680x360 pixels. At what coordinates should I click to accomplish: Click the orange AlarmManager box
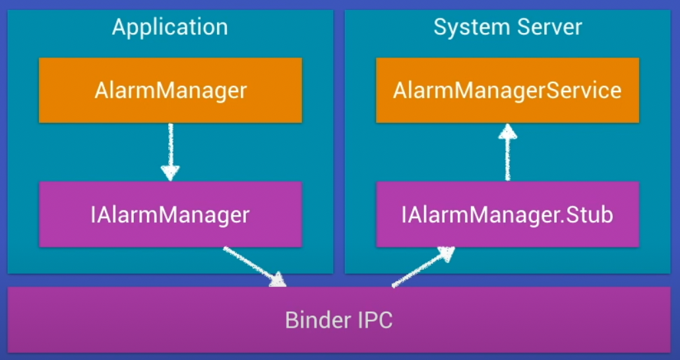170,90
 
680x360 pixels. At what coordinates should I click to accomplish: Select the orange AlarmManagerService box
507,90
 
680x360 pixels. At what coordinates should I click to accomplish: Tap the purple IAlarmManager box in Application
170,214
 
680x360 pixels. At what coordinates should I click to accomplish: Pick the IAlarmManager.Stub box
507,214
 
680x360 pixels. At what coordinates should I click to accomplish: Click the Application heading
170,27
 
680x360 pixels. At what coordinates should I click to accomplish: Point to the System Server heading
507,27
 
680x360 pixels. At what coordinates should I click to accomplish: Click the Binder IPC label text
339,320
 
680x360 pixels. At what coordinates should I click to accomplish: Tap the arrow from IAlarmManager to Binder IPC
255,266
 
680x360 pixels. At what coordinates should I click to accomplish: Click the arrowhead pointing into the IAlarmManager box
170,173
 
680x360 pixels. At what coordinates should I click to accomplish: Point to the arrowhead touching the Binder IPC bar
278,280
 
